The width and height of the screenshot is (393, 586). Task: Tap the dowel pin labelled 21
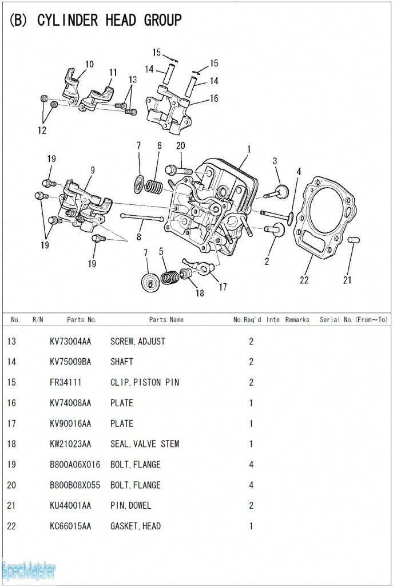(352, 239)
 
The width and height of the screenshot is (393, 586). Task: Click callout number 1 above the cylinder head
(249, 150)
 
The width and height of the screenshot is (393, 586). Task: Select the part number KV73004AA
(70, 341)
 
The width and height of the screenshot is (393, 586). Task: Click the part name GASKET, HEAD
(136, 526)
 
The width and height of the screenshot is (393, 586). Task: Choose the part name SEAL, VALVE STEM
(145, 444)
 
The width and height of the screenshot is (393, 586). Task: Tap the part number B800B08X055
(74, 485)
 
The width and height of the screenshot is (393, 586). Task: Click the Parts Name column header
(166, 319)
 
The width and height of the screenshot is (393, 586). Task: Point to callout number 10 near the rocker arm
(89, 64)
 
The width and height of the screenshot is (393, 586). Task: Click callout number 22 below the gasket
(304, 280)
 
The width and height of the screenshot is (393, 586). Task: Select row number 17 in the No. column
(11, 423)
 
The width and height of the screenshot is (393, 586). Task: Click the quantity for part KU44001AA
(251, 505)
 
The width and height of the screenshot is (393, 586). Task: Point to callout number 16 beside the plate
(213, 98)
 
